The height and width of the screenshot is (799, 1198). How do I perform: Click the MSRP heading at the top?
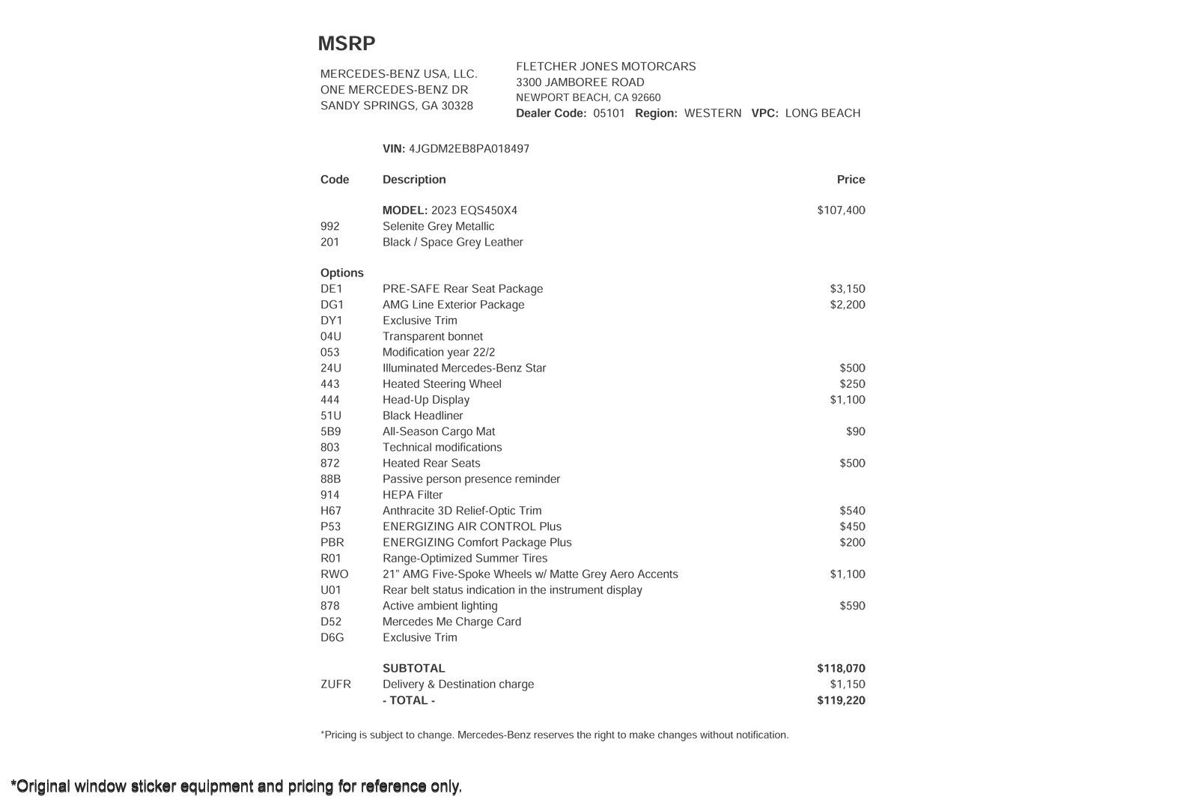click(347, 43)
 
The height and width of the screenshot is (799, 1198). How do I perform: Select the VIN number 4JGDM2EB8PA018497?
click(469, 148)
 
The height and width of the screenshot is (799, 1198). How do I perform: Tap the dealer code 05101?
click(609, 113)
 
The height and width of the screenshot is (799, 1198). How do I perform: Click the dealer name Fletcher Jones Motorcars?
click(606, 67)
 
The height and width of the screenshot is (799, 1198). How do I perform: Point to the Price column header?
click(851, 180)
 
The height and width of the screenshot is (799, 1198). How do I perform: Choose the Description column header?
click(414, 180)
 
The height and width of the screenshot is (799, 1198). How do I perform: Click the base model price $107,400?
click(841, 210)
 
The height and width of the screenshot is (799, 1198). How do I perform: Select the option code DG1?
click(332, 305)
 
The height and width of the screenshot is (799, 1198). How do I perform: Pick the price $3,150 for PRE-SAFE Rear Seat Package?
click(847, 289)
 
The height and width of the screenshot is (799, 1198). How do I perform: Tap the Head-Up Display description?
click(425, 400)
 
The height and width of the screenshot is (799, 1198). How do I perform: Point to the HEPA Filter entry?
click(413, 495)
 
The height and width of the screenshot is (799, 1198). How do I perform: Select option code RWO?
click(334, 574)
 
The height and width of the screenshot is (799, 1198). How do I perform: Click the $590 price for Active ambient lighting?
click(852, 606)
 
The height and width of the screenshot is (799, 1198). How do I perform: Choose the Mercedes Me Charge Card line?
click(451, 622)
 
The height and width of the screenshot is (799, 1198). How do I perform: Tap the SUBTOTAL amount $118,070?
click(841, 668)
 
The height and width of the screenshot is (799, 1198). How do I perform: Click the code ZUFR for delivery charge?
click(335, 684)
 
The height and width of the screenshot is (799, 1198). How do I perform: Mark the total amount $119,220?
click(841, 701)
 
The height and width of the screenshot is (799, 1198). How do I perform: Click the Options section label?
click(341, 273)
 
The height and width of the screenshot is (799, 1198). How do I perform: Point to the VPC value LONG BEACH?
click(822, 113)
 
